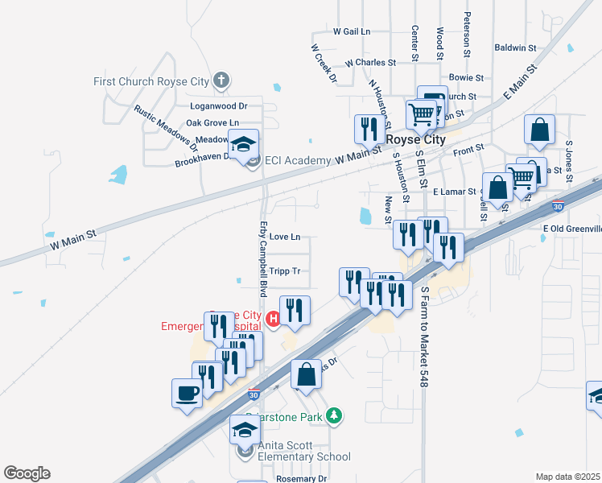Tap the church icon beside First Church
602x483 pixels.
[x=221, y=80]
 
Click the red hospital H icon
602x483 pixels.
[x=273, y=320]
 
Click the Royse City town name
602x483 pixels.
[x=416, y=138]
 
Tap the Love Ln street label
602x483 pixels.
[x=285, y=237]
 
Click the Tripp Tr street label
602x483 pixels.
[x=285, y=271]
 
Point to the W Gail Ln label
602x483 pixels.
[x=352, y=31]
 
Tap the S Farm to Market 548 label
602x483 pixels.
[x=422, y=336]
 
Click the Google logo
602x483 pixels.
[x=27, y=473]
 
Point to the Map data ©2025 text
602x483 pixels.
[x=567, y=477]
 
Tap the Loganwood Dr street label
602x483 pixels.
[x=218, y=105]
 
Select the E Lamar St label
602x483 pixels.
[x=455, y=192]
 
